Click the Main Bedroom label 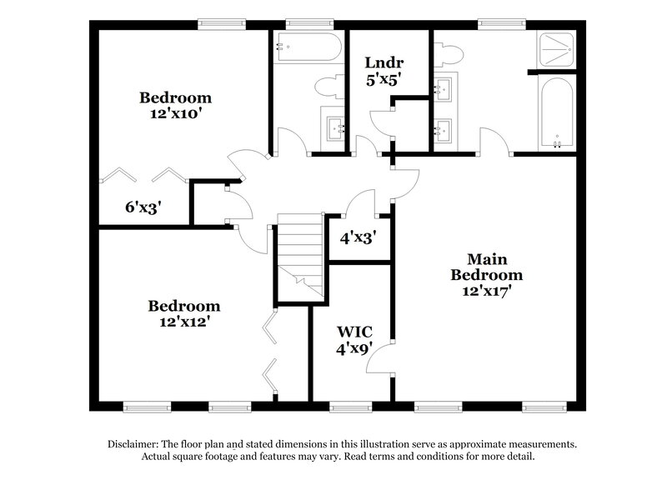coord(487,267)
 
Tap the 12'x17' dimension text coord(487,292)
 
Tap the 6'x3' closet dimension coord(143,207)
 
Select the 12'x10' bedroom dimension coord(175,114)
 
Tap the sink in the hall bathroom coord(336,128)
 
